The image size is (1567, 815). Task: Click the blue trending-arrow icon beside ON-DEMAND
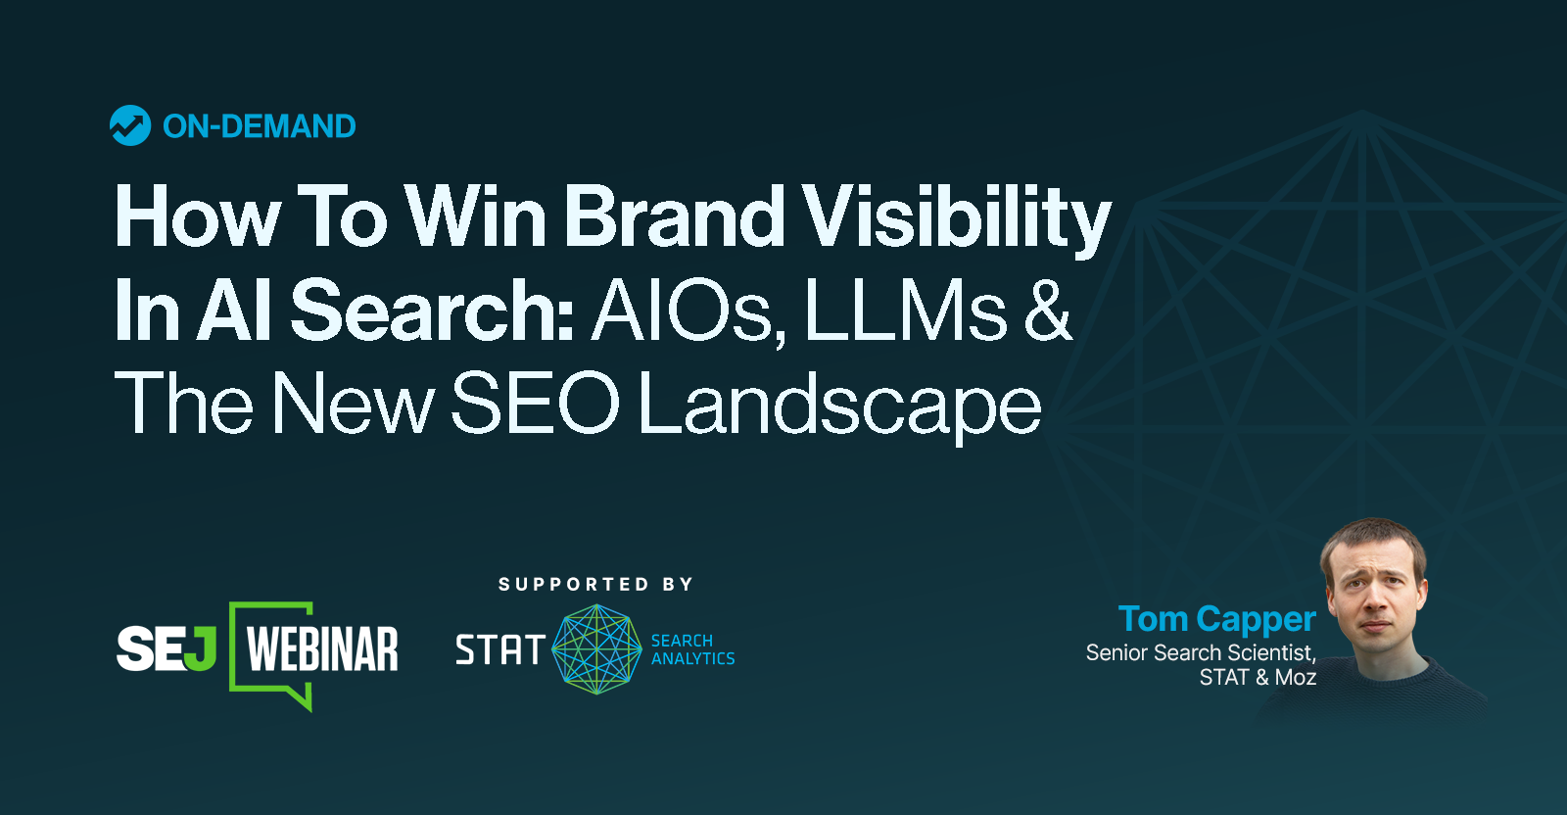click(129, 125)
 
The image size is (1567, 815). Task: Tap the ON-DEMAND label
click(259, 126)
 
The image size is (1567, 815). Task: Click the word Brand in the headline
click(675, 216)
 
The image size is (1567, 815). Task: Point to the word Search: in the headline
click(432, 311)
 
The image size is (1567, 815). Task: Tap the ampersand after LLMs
click(1048, 311)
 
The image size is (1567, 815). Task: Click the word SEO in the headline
click(535, 403)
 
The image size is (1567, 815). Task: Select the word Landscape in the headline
click(839, 405)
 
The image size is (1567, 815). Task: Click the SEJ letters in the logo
click(166, 648)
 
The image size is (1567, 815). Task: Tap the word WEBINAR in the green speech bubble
click(322, 650)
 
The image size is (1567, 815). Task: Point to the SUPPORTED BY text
click(595, 585)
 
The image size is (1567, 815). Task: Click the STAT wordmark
click(499, 649)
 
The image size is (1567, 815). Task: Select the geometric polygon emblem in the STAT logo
click(596, 649)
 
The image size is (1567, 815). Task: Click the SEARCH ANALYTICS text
click(692, 649)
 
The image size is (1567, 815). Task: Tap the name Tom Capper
click(1216, 619)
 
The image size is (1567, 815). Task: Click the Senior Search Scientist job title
click(1201, 652)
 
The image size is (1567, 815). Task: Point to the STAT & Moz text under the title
click(1258, 677)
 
